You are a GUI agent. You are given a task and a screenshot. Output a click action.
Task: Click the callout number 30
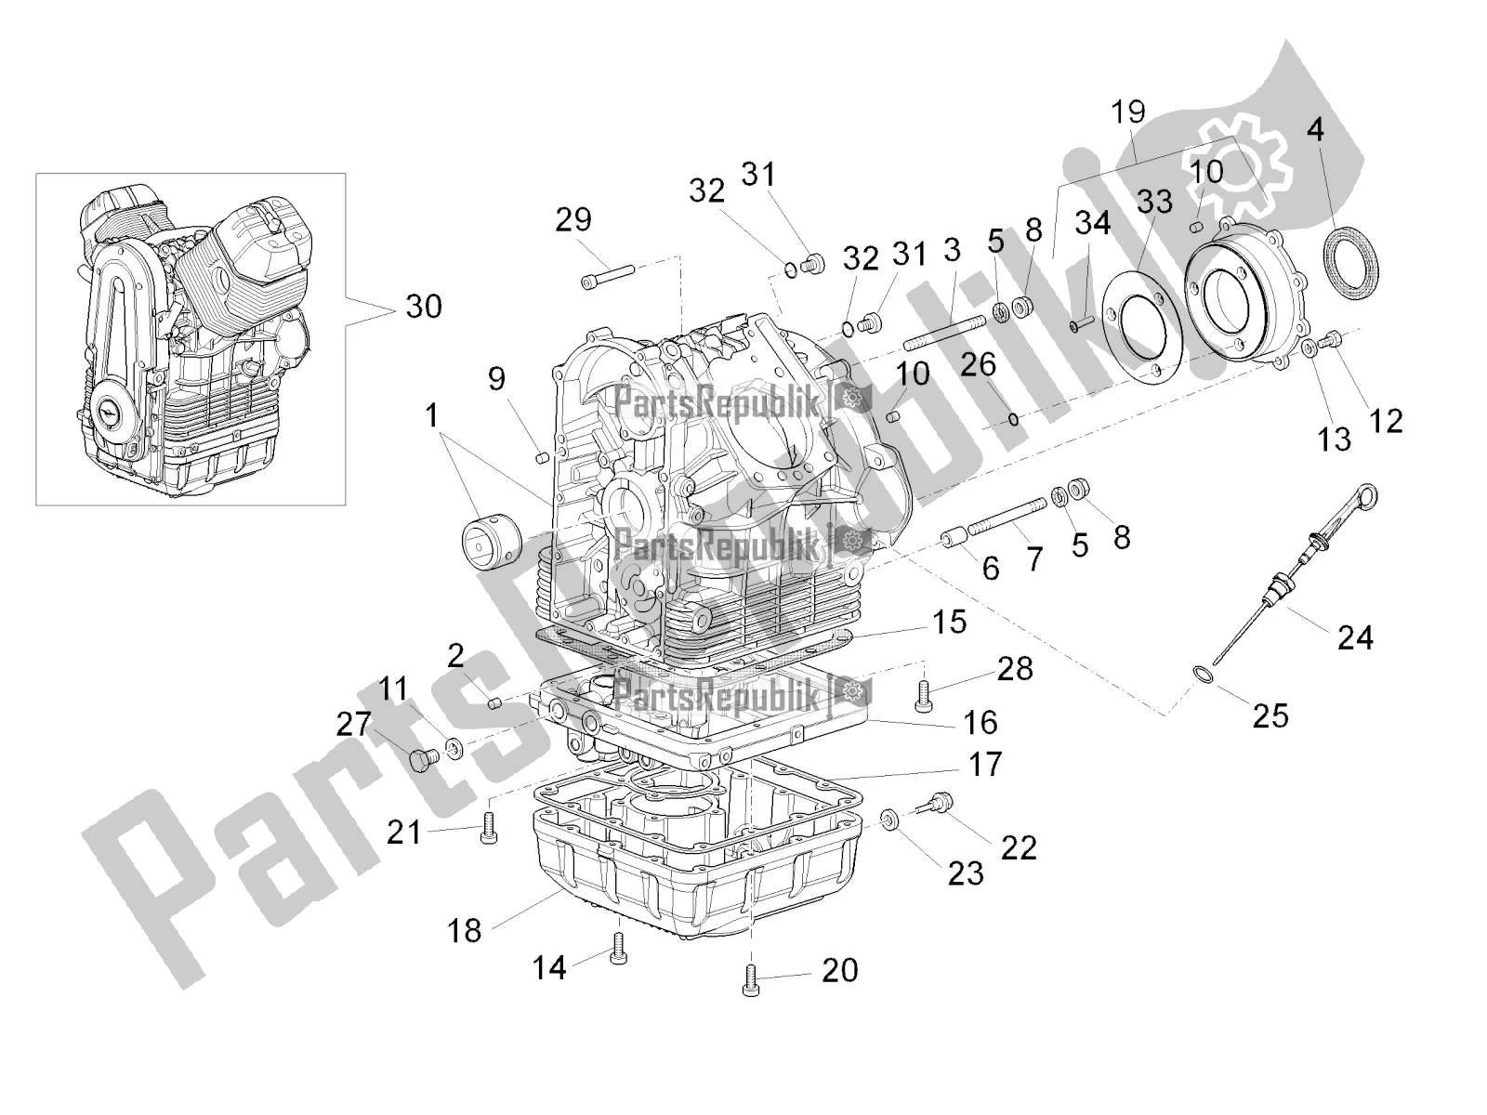pyautogui.click(x=424, y=306)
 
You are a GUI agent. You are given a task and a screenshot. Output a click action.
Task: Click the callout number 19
pyautogui.click(x=1128, y=113)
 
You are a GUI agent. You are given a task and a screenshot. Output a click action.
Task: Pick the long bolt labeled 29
pyautogui.click(x=606, y=274)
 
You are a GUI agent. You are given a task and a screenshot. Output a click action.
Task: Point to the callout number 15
pyautogui.click(x=950, y=622)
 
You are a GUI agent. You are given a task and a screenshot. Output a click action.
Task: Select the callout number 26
pyautogui.click(x=978, y=365)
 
